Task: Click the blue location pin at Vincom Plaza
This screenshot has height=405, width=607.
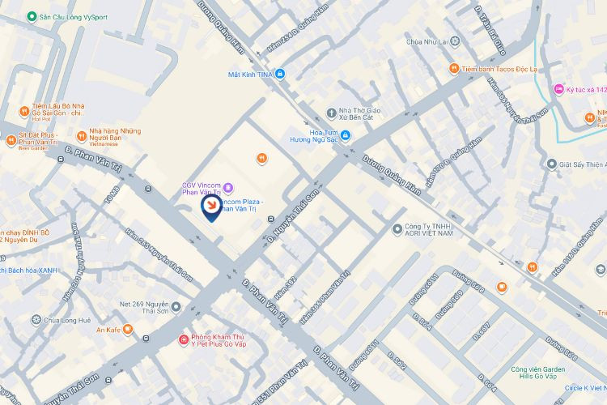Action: point(211,207)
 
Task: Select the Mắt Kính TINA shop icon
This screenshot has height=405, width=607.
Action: point(280,75)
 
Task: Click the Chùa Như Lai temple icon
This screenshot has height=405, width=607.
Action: point(455,40)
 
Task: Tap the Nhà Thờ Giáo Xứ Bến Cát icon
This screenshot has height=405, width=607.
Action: point(330,112)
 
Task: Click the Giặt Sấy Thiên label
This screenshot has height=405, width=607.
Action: point(581,164)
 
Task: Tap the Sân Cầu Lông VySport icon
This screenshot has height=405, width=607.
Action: point(31,16)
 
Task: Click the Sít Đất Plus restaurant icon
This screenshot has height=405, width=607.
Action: point(11,139)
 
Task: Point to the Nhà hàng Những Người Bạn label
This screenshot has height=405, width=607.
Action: point(115,135)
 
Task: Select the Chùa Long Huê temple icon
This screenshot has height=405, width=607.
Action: point(36,320)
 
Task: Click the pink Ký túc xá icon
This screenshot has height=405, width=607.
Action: point(558,89)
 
